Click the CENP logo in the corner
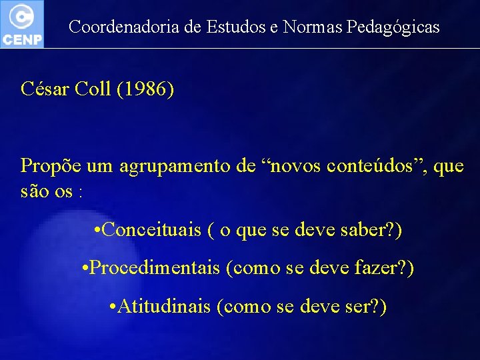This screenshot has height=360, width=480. (x=22, y=23)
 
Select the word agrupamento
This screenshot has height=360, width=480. (x=175, y=166)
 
